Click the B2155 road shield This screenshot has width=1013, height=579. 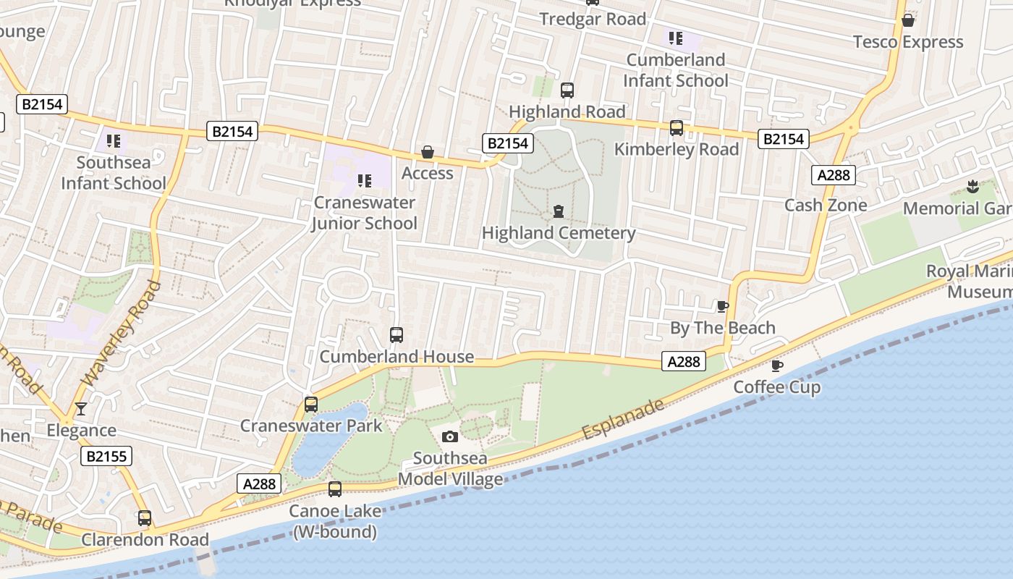pos(106,456)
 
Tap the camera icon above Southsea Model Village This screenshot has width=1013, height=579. pos(450,436)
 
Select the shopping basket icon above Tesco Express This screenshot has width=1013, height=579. pos(908,20)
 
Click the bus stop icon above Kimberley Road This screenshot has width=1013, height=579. pos(677,128)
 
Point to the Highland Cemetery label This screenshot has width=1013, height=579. pos(559,233)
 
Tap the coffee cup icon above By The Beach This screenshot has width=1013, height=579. pos(722,306)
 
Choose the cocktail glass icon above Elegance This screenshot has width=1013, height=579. pos(81,410)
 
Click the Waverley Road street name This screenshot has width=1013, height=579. pos(122,333)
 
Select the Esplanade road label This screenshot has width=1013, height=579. pos(622,419)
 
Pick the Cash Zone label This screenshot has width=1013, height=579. pos(826,205)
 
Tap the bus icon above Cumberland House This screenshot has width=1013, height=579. pos(397,335)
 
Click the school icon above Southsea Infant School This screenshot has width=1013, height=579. pos(113,140)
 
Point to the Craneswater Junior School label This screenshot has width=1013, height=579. pos(365,213)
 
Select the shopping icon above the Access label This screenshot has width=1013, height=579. pos(428,152)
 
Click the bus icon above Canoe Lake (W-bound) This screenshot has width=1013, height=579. pos(335,489)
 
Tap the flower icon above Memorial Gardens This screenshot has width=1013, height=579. pos(973,187)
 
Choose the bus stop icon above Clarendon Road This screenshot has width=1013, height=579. pos(145,518)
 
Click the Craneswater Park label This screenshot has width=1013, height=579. pos(311,426)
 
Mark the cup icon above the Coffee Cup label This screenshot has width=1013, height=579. pos(777,365)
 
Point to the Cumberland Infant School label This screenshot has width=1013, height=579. pos(676,70)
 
